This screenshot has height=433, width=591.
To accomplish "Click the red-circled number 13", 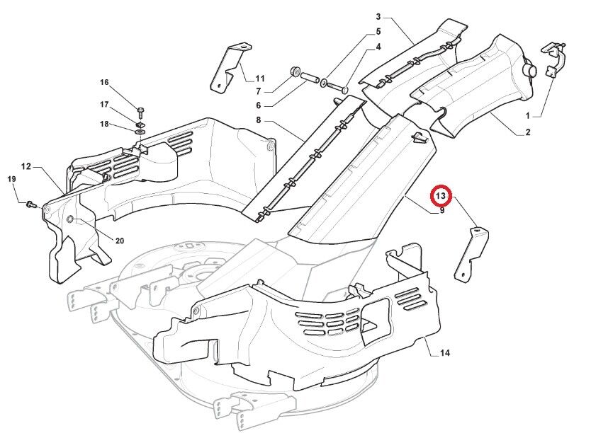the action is tap(441, 196).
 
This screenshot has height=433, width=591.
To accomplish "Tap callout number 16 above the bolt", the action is tap(104, 82).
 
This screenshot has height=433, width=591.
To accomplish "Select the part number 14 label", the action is tap(445, 353).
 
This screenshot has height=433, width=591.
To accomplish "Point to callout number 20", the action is tap(120, 241).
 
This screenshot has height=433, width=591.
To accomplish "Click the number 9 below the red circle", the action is tap(441, 210).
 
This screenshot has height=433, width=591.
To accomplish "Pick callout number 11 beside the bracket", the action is tap(260, 79).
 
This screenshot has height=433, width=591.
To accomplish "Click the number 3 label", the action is tap(378, 16).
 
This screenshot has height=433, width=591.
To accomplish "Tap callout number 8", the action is tap(258, 120).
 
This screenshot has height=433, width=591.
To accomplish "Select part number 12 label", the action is tap(26, 166).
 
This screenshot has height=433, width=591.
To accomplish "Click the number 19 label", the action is tap(11, 179).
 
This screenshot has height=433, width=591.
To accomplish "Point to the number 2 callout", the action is tap(528, 132).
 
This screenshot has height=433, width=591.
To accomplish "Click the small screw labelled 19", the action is tap(30, 204).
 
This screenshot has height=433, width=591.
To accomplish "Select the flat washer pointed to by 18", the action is tap(140, 132).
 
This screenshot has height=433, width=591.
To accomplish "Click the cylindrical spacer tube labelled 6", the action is tap(310, 78).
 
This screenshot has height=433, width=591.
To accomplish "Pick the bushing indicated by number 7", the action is tap(294, 71).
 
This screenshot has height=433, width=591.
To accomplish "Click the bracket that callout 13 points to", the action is tap(471, 254).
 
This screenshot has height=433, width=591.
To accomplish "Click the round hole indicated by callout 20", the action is tap(70, 219).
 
